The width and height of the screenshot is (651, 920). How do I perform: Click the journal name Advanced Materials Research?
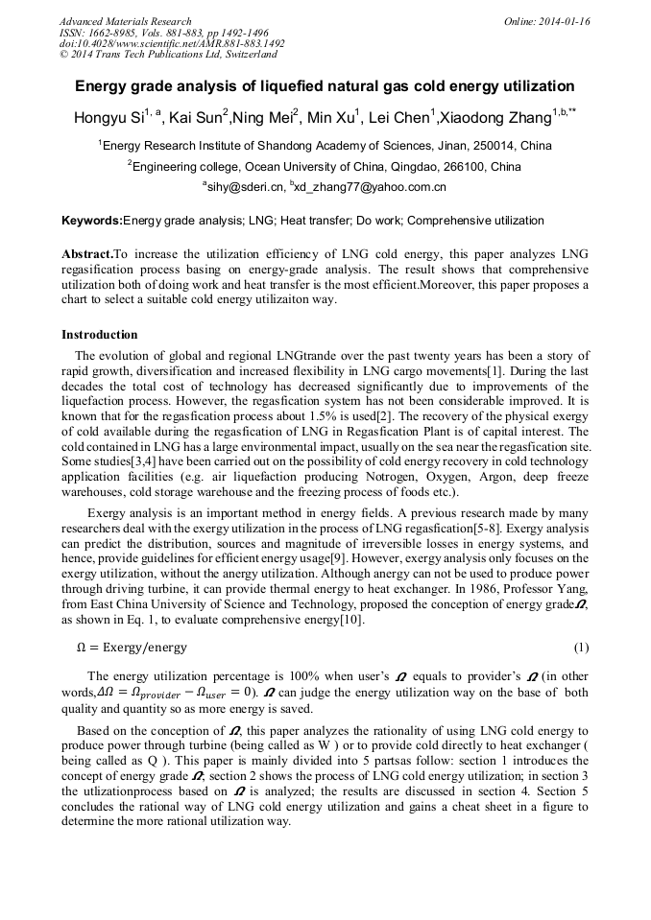[x=125, y=21]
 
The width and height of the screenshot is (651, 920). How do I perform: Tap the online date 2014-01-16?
[x=561, y=21]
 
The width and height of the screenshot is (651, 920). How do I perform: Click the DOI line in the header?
[x=172, y=43]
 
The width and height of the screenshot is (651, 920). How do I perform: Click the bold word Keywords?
[x=92, y=221]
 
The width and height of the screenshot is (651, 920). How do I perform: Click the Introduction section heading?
[x=99, y=335]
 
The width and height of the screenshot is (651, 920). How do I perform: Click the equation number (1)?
[x=580, y=648]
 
